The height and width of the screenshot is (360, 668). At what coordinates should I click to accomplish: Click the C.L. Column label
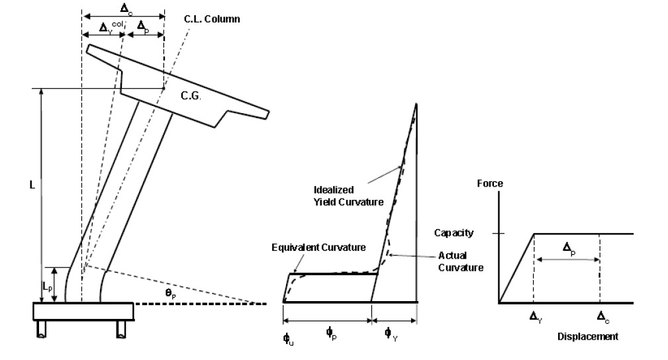coord(212,19)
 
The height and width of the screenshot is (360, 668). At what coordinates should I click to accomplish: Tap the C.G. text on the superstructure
coord(191,96)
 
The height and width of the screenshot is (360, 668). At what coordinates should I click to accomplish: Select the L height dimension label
coord(32,185)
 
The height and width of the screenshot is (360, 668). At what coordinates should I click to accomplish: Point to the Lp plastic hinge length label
coord(48,287)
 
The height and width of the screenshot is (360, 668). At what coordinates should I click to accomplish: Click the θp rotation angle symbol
coord(170,294)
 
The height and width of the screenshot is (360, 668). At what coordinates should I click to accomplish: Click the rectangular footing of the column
coord(83,312)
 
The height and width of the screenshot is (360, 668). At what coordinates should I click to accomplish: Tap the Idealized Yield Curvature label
coord(348,196)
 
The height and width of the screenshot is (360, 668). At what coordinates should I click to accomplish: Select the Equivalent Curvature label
coord(318,247)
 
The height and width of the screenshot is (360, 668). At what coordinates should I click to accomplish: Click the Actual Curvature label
coord(461,261)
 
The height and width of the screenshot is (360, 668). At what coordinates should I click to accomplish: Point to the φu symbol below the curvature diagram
coord(289,339)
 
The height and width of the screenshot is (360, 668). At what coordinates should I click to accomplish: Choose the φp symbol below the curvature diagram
coord(332,333)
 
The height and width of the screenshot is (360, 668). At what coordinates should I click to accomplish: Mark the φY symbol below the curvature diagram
coord(391,334)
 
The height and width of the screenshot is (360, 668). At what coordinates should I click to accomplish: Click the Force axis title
coord(490,183)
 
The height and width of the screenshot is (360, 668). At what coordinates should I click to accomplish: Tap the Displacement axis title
coord(588,337)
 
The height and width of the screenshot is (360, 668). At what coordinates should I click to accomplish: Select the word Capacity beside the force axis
coord(453,233)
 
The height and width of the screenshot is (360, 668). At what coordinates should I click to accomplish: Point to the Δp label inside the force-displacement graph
coord(569,248)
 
